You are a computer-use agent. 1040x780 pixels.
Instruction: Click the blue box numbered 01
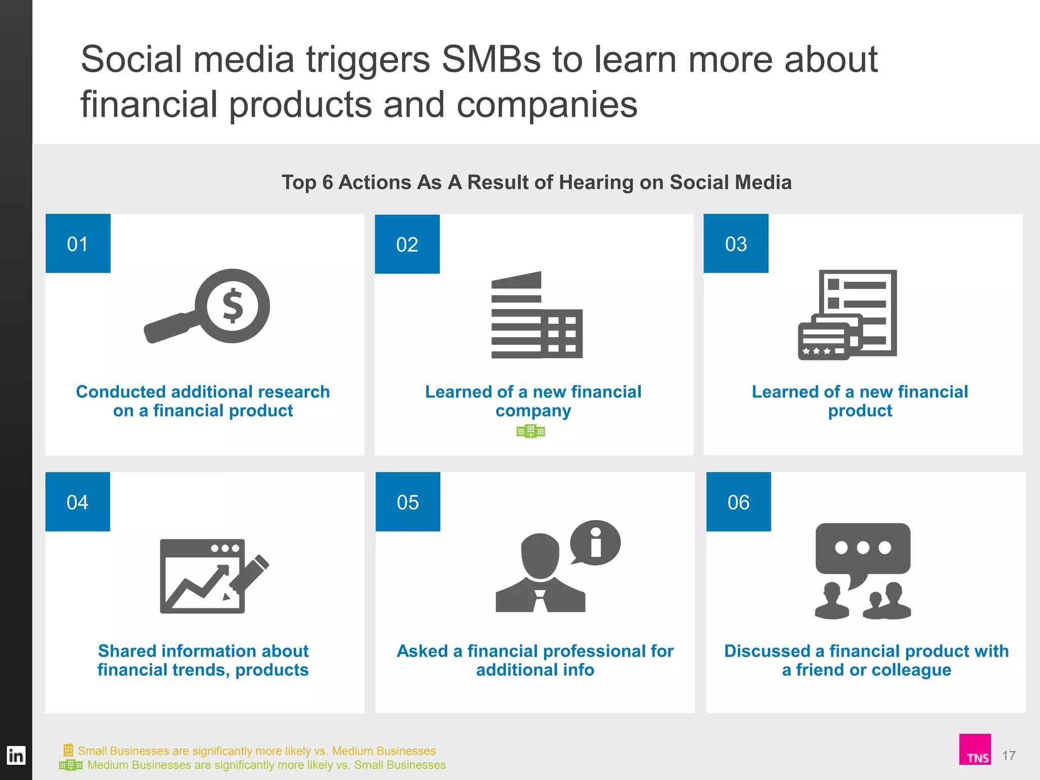[x=78, y=243]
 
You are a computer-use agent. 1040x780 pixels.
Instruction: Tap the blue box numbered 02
[x=407, y=244]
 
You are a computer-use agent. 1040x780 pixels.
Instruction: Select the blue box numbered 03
[x=736, y=243]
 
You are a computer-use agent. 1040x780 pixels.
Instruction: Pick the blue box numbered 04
[x=77, y=502]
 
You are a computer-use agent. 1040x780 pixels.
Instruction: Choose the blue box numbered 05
[x=408, y=502]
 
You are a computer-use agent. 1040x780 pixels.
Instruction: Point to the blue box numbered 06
[x=738, y=502]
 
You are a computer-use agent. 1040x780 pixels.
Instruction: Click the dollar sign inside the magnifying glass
[x=233, y=306]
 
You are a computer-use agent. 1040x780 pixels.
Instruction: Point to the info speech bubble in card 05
[x=595, y=542]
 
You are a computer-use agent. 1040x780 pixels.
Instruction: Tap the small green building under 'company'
[x=531, y=432]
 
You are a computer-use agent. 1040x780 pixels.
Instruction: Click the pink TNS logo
[x=974, y=749]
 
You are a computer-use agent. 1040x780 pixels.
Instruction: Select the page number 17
[x=1009, y=756]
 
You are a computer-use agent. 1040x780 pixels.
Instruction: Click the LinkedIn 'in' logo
[x=16, y=756]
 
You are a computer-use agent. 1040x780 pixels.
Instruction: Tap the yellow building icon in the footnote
[x=68, y=750]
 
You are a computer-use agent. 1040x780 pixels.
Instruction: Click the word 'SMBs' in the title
[x=492, y=59]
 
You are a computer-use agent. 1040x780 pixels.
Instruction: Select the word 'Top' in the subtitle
[x=299, y=182]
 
